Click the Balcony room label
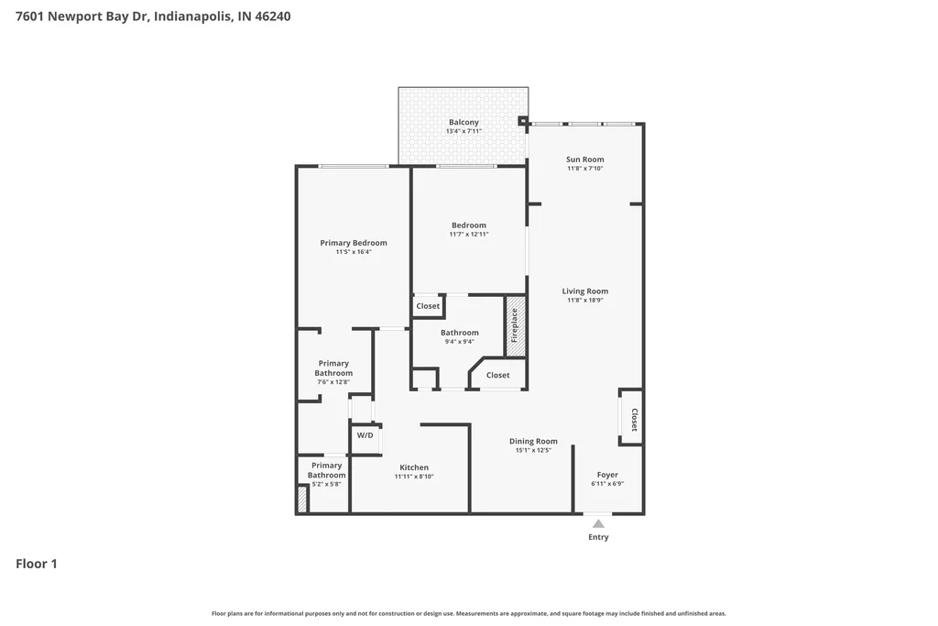pyautogui.click(x=464, y=122)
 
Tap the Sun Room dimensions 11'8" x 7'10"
pyautogui.click(x=585, y=169)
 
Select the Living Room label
pyautogui.click(x=585, y=291)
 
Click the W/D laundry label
pyautogui.click(x=365, y=435)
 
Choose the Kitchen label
pyautogui.click(x=414, y=467)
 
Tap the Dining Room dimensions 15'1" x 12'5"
pyautogui.click(x=533, y=450)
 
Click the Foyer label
pyautogui.click(x=607, y=475)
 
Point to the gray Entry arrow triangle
pyautogui.click(x=598, y=523)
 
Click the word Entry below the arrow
pyautogui.click(x=598, y=537)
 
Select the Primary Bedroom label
pyautogui.click(x=354, y=243)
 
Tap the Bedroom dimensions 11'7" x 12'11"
pyautogui.click(x=469, y=235)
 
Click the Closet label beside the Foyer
pyautogui.click(x=634, y=420)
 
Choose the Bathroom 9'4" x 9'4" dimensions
pyautogui.click(x=460, y=342)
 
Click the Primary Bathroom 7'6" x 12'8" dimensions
pyautogui.click(x=333, y=382)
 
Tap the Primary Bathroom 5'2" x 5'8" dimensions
pyautogui.click(x=327, y=484)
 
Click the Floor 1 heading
pyautogui.click(x=37, y=564)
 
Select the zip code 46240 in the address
pyautogui.click(x=273, y=16)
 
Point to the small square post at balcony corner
pyautogui.click(x=522, y=121)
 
